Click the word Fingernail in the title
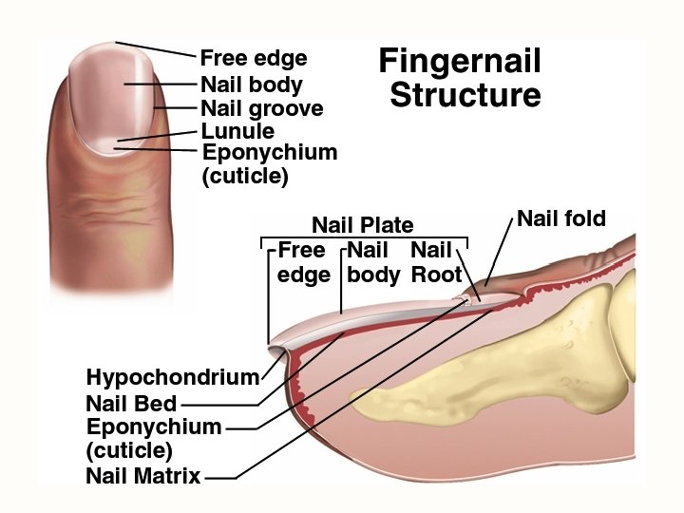pyautogui.click(x=460, y=62)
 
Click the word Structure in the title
pyautogui.click(x=465, y=96)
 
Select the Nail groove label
pyautogui.click(x=261, y=108)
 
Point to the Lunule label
pyautogui.click(x=237, y=131)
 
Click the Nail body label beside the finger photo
pyautogui.click(x=251, y=85)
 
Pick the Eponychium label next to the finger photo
pyautogui.click(x=270, y=152)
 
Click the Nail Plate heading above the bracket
pyautogui.click(x=363, y=225)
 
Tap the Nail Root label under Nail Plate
pyautogui.click(x=435, y=262)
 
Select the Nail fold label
pyautogui.click(x=561, y=219)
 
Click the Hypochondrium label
pyautogui.click(x=173, y=377)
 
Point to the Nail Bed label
pyautogui.click(x=131, y=403)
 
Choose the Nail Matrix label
pyautogui.click(x=143, y=476)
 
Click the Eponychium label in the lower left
pyautogui.click(x=154, y=427)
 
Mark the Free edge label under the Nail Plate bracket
pyautogui.click(x=303, y=262)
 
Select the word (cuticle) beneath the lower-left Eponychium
pyautogui.click(x=129, y=450)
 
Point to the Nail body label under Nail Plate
pyautogui.click(x=372, y=262)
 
